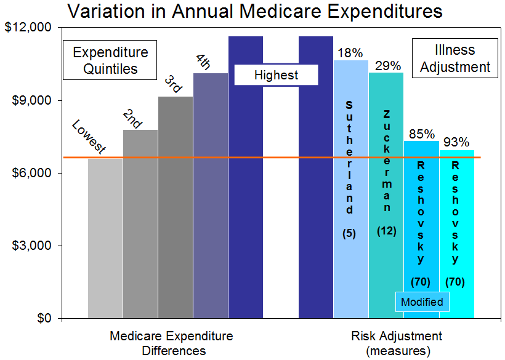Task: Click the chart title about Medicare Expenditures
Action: [x=254, y=12]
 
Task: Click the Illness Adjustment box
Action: [x=454, y=58]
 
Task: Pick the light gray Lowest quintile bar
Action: [x=105, y=240]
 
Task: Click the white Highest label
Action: [x=276, y=75]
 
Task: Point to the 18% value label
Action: [x=350, y=53]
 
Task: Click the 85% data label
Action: [x=421, y=134]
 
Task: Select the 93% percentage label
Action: [x=456, y=143]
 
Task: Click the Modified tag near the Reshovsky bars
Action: [x=422, y=302]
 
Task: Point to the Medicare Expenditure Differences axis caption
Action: [x=171, y=343]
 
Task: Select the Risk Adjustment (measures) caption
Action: [x=397, y=343]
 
